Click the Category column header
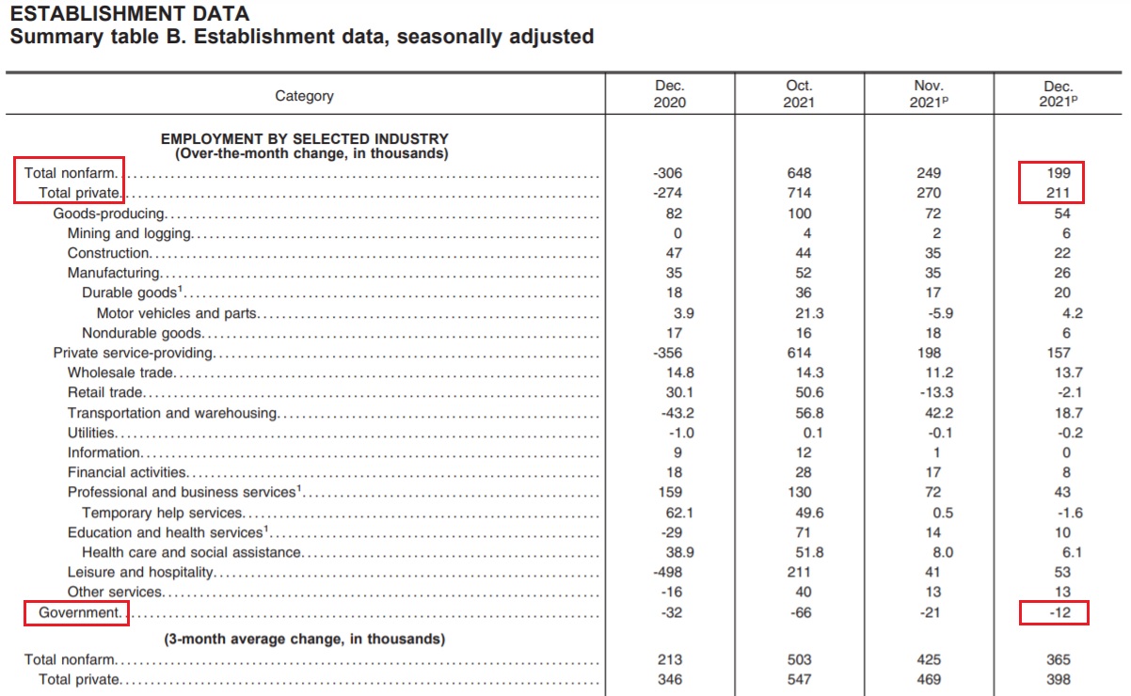tap(304, 95)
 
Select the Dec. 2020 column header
tap(670, 94)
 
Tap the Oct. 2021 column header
tap(799, 94)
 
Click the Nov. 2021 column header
tap(929, 94)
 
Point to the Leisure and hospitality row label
tap(140, 573)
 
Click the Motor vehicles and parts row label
tap(177, 313)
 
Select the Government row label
tap(79, 612)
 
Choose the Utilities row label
tap(91, 433)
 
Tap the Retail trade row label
tap(105, 392)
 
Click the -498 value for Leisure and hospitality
tap(667, 572)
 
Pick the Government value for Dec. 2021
tap(1059, 612)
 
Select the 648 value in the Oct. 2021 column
tap(799, 173)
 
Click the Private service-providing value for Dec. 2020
tap(667, 353)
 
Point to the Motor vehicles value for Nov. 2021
tap(940, 313)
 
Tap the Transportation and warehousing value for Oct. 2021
tap(809, 413)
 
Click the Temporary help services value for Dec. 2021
tap(1071, 513)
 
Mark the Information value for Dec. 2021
tap(1066, 452)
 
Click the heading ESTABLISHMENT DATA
tap(130, 13)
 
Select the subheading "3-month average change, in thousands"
tap(305, 639)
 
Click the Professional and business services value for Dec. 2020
tap(670, 492)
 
